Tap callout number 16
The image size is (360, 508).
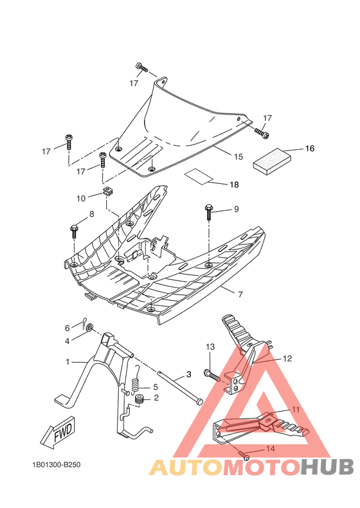[309, 149]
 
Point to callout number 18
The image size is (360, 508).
[234, 185]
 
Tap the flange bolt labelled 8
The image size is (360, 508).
[74, 230]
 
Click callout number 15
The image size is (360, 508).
[238, 156]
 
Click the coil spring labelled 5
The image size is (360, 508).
[136, 386]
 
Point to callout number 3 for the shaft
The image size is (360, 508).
[188, 374]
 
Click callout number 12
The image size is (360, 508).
[287, 358]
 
